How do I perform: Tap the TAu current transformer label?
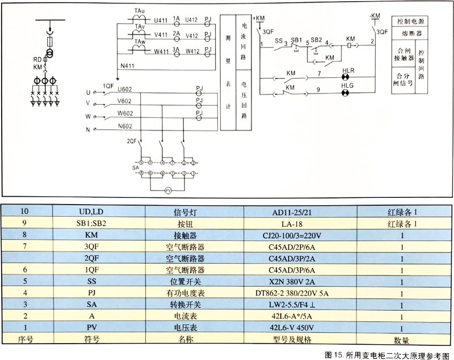[x=139, y=10]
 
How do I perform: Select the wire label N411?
[x=128, y=66]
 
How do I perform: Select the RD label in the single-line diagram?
[x=36, y=59]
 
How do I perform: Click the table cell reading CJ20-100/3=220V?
[x=300, y=235]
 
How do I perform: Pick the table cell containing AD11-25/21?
[x=300, y=211]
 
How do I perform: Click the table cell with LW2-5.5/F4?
[x=300, y=304]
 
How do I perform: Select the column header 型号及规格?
[x=300, y=340]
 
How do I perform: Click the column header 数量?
[x=401, y=340]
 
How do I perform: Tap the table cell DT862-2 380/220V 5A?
[x=300, y=293]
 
